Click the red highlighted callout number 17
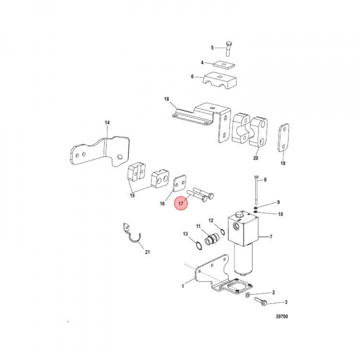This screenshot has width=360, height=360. point(180,203)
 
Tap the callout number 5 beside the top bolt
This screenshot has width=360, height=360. point(212,48)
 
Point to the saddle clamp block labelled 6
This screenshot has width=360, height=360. point(219,82)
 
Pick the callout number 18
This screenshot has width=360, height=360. point(166,99)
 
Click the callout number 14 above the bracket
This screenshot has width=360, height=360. point(107,122)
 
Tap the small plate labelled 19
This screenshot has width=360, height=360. point(283,138)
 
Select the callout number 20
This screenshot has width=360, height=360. point(255,158)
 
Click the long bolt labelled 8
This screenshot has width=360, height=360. point(256,190)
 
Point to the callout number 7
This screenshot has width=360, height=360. point(271,236)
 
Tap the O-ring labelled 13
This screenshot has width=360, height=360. point(199,245)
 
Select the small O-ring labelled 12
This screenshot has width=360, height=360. point(222,232)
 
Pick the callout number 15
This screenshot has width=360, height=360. point(132,195)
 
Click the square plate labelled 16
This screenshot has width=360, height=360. point(179,183)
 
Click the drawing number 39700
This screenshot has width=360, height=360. point(281,316)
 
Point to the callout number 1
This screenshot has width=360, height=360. point(183,286)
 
